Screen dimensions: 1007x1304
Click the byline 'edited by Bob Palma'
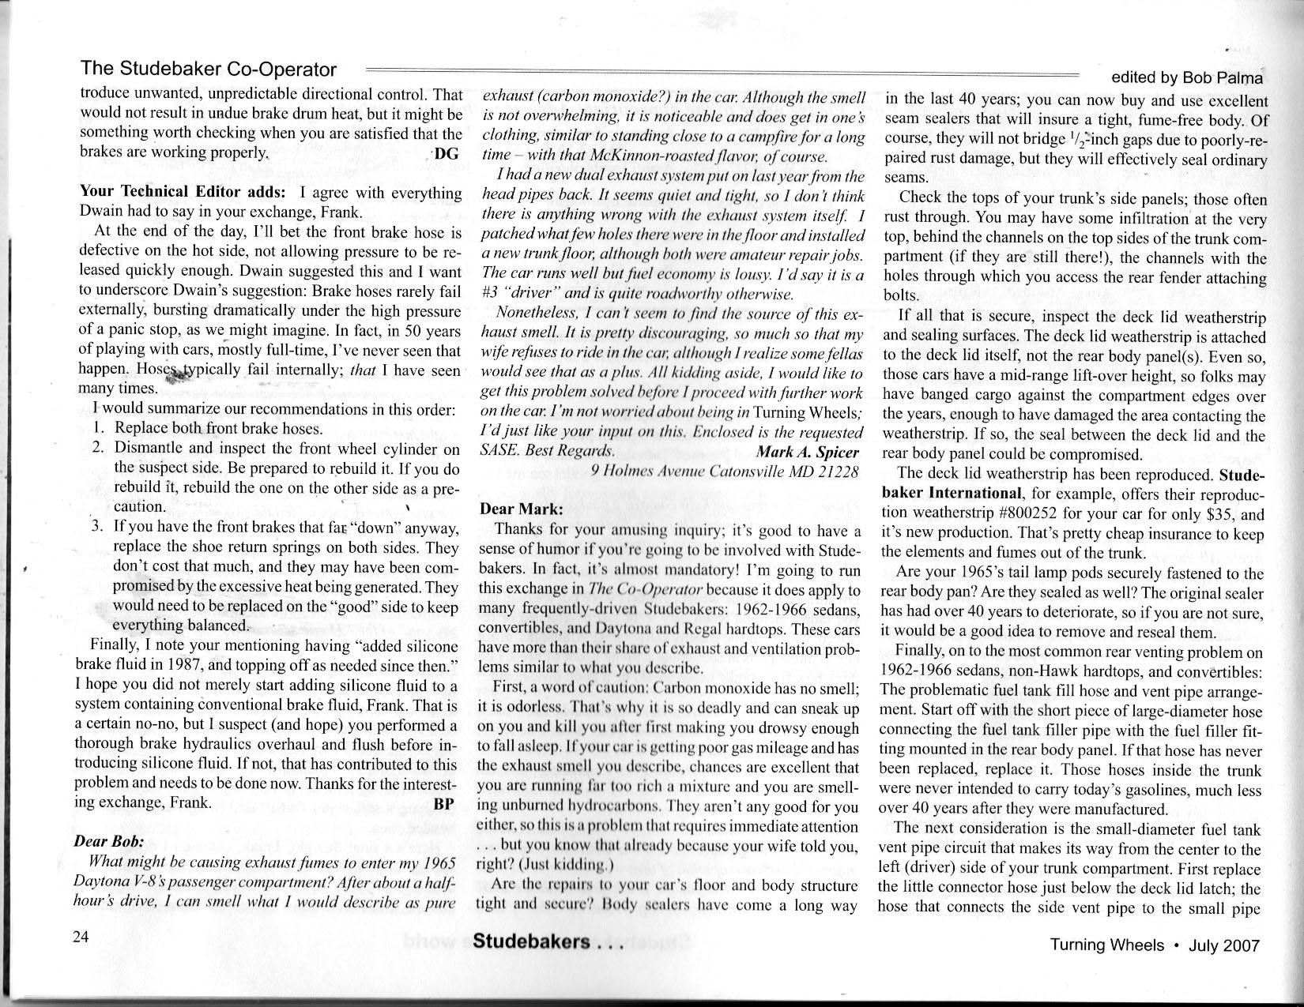[x=1186, y=77]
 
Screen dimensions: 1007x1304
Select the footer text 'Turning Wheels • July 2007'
[x=1155, y=945]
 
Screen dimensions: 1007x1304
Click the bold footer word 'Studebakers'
[x=532, y=942]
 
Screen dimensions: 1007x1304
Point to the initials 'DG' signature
[x=447, y=154]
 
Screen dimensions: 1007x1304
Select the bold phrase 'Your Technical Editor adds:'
[x=186, y=193]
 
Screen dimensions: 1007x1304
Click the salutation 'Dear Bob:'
[x=108, y=841]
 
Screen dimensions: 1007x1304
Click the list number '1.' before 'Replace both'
[x=100, y=429]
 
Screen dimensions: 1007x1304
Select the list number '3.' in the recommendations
[x=100, y=528]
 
